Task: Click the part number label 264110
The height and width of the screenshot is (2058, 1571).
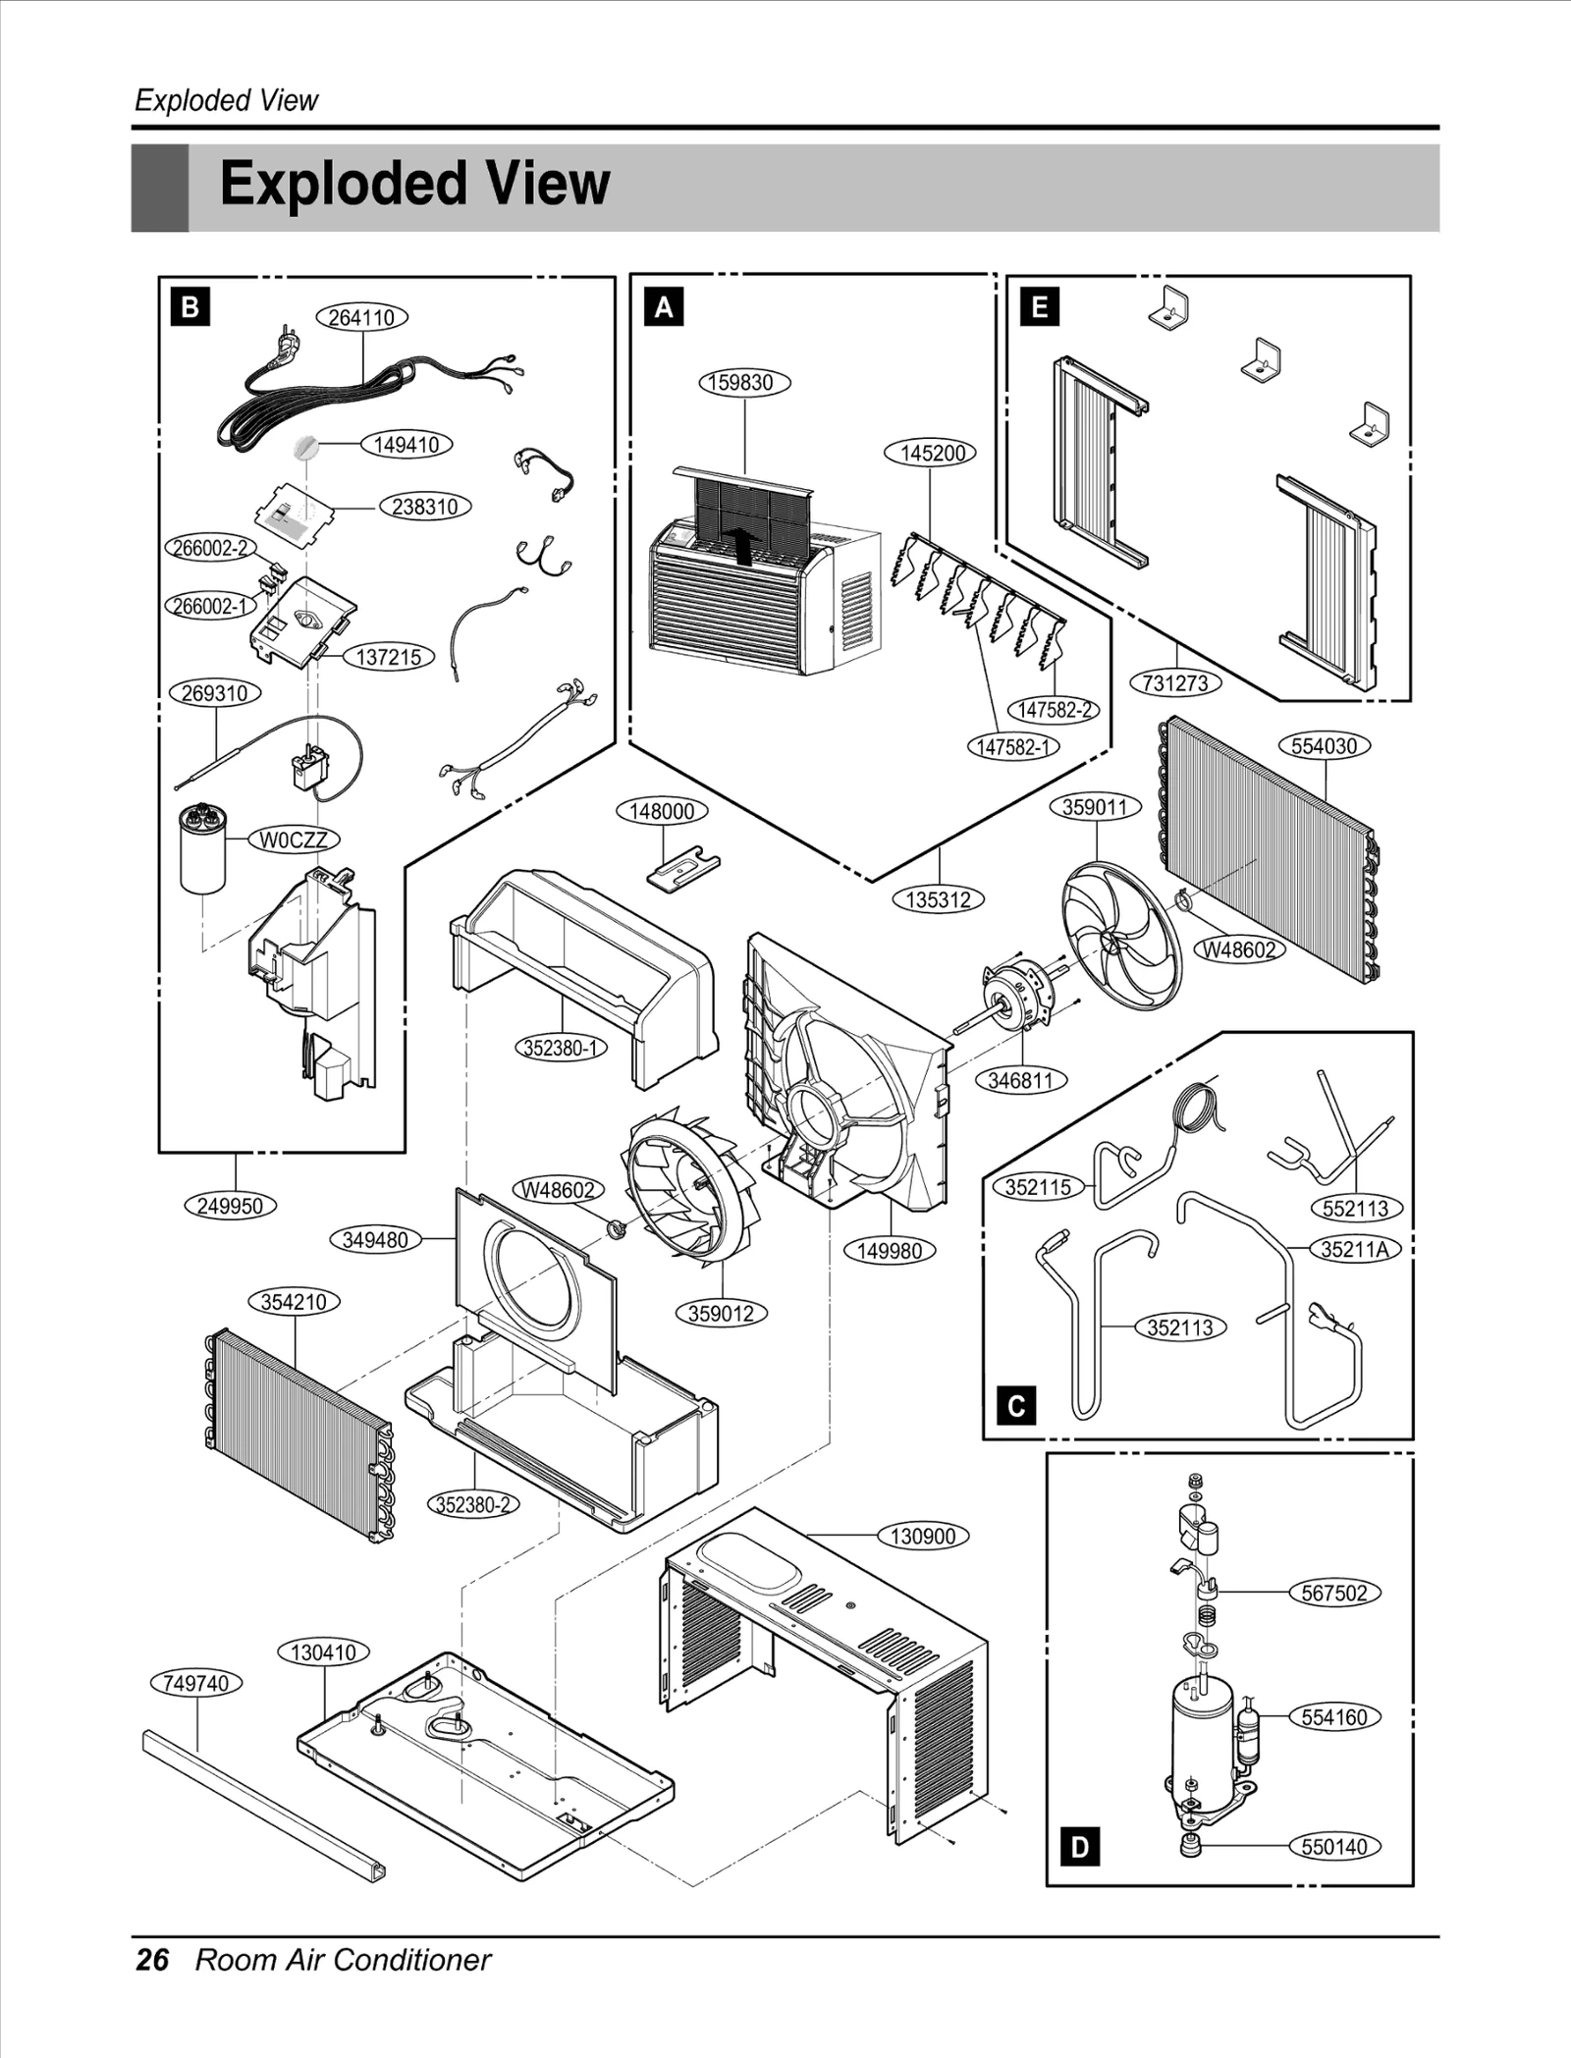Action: tap(361, 317)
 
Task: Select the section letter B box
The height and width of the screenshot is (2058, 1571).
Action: tap(190, 307)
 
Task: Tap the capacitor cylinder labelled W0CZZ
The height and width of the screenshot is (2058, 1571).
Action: tap(203, 850)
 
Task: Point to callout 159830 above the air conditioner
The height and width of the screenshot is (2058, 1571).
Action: tap(744, 382)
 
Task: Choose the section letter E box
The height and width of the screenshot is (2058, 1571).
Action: tap(1040, 307)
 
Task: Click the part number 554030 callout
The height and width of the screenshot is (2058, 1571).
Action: tap(1324, 745)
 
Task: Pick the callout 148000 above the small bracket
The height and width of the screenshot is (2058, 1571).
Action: tap(662, 811)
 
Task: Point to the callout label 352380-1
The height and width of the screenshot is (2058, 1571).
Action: tap(561, 1048)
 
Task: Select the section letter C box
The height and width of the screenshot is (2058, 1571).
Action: tap(1016, 1406)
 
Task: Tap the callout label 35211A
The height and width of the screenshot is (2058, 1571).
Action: tap(1354, 1249)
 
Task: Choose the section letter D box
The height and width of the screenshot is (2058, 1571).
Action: tap(1080, 1847)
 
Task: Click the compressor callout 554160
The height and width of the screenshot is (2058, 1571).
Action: tap(1333, 1717)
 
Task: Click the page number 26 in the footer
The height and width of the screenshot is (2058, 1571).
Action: tap(152, 1960)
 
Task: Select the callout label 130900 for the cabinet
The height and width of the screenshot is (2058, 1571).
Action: tap(922, 1536)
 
